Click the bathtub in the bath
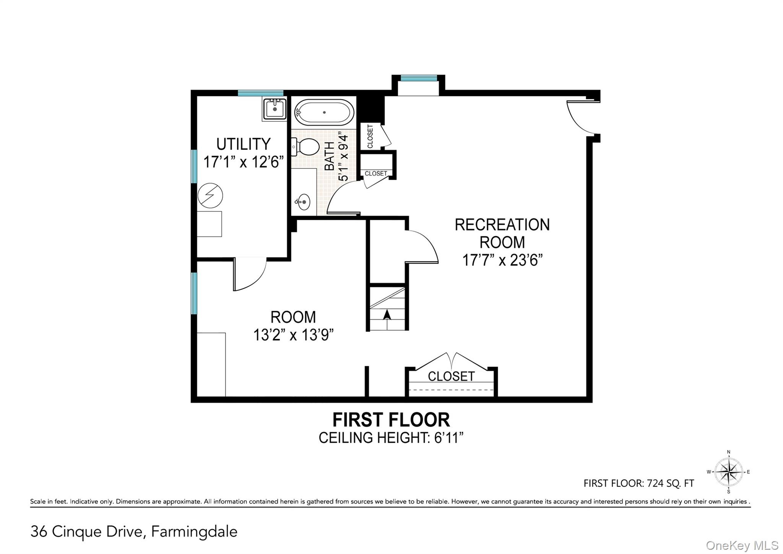click(324, 112)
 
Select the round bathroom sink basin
click(304, 201)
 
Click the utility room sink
click(275, 109)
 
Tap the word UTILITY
click(243, 144)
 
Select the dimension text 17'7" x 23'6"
click(502, 260)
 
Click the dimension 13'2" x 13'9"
click(293, 335)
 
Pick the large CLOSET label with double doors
click(451, 376)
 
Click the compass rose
click(728, 472)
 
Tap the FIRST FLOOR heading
click(391, 420)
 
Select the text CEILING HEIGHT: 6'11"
click(391, 438)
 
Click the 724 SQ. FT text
click(670, 483)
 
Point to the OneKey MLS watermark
click(742, 545)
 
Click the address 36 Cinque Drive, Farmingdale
click(134, 531)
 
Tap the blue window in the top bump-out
click(419, 78)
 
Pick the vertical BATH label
click(329, 156)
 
